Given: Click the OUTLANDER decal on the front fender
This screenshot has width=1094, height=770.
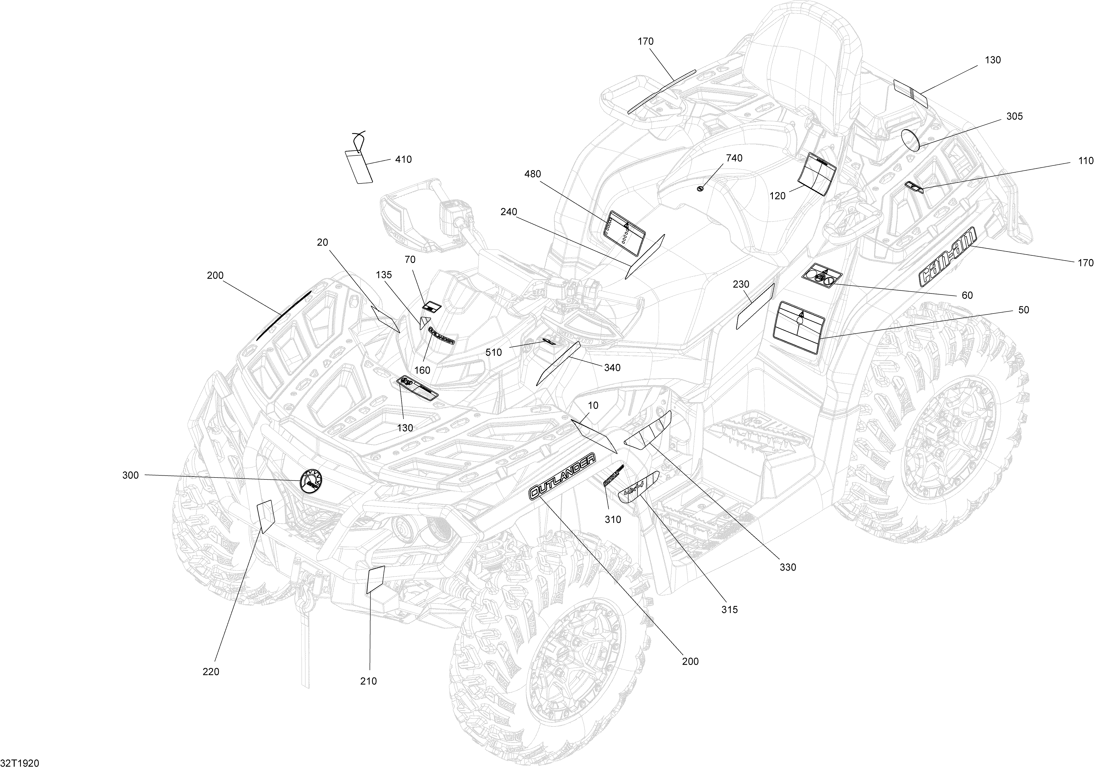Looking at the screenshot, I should [x=562, y=477].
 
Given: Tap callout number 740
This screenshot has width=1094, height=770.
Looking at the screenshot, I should [x=734, y=158].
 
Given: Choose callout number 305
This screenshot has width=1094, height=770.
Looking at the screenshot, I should [x=1015, y=116].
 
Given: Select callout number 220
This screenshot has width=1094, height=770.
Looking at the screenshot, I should [x=211, y=672].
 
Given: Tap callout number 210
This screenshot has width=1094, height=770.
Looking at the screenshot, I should [x=368, y=681].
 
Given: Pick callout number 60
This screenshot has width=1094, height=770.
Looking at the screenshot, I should [x=967, y=296].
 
